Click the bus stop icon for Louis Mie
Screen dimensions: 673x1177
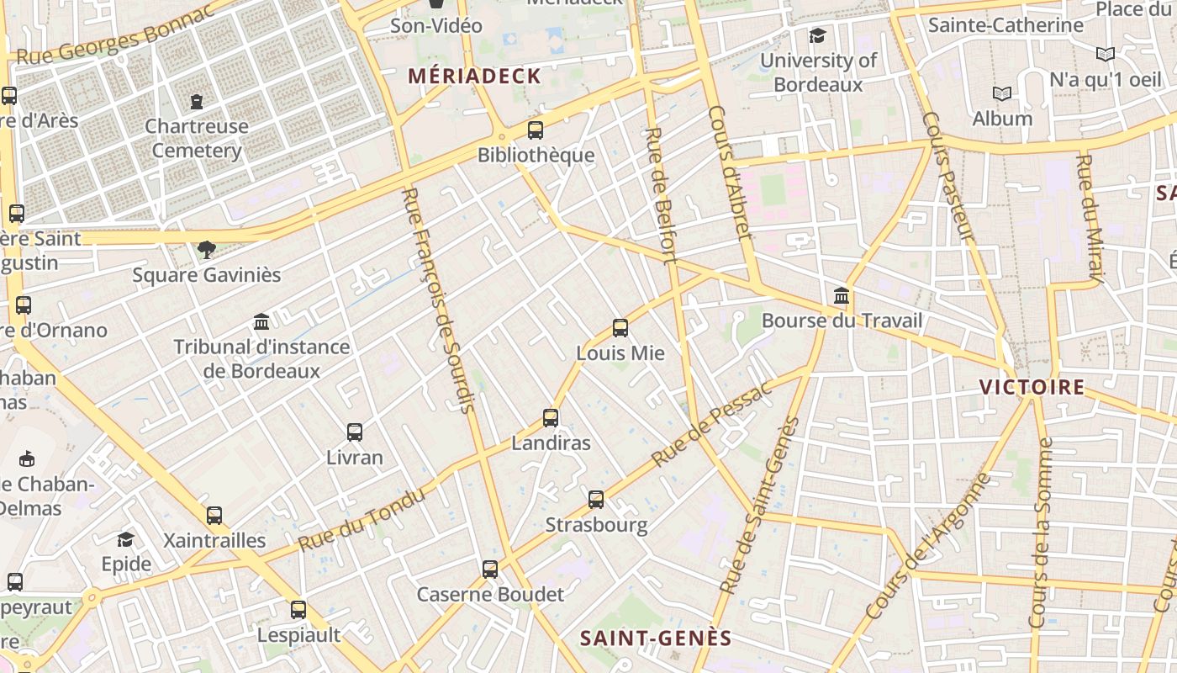(x=620, y=328)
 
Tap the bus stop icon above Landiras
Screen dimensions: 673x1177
(x=551, y=417)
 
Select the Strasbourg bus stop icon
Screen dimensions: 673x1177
(x=596, y=500)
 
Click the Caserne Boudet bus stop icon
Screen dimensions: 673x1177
(x=490, y=570)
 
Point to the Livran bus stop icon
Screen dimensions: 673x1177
(x=355, y=432)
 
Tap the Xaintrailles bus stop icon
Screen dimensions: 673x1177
(x=214, y=516)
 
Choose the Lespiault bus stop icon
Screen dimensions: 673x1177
(x=298, y=610)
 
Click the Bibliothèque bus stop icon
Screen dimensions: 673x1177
(x=536, y=130)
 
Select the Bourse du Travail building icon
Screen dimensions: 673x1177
(x=842, y=296)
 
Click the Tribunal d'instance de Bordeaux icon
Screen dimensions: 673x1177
(x=261, y=322)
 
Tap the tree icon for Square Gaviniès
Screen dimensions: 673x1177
(x=206, y=250)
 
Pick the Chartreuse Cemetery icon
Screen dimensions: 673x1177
(x=197, y=102)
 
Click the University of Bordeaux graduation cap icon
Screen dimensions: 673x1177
(x=817, y=35)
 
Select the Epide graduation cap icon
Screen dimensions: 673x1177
(x=126, y=539)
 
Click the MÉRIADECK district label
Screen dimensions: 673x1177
(x=475, y=76)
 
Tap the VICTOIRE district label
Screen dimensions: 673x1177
(x=1032, y=387)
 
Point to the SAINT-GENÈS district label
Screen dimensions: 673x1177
(x=656, y=639)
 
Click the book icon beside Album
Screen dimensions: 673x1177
(x=1001, y=93)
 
